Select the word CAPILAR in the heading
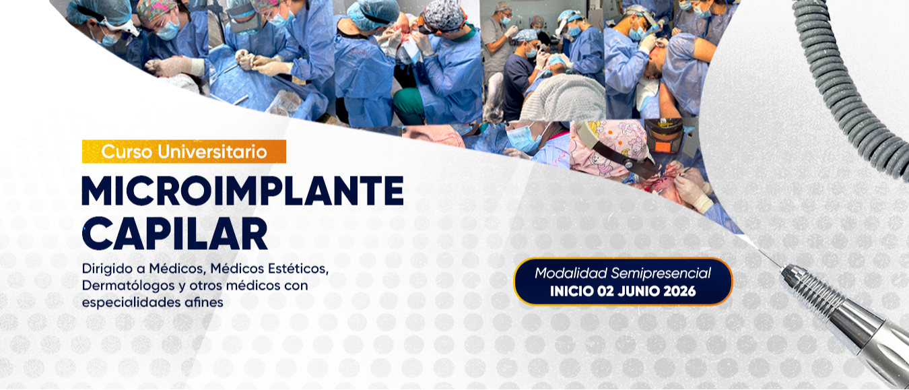coord(174,233)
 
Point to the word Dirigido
coord(104,269)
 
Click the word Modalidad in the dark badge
coord(570,273)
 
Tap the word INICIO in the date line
coord(573,292)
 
